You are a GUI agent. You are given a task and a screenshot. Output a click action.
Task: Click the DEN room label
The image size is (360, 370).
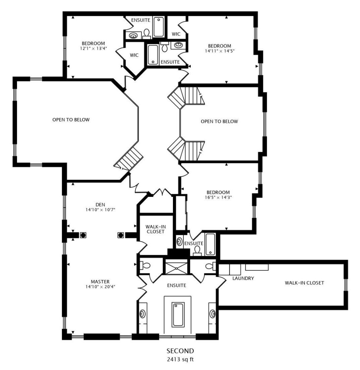coord(100,205)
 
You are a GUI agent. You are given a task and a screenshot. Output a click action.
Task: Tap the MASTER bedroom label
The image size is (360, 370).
coord(100,282)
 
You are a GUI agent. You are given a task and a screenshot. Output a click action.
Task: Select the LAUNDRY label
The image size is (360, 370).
coord(243,278)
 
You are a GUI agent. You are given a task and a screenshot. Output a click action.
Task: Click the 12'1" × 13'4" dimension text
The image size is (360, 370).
coord(94,48)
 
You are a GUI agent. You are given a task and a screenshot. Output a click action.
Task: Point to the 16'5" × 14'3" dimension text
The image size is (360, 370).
coord(218,197)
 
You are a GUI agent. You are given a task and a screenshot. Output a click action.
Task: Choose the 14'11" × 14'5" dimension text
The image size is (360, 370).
coord(220,51)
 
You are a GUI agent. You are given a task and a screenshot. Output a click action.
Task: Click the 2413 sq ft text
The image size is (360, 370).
coord(180,359)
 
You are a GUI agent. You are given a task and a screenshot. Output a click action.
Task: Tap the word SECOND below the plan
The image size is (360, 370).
coord(180,351)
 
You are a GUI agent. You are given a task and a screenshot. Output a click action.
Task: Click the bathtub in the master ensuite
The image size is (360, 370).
coord(178,315)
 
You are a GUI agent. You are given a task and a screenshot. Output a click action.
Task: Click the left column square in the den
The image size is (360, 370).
coord(83,235)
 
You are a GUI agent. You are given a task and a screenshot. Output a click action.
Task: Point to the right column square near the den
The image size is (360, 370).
coord(121,235)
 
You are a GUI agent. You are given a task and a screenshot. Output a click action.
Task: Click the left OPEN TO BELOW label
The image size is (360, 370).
coord(71,120)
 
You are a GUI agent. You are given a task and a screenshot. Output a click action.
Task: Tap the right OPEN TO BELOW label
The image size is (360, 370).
coord(220,121)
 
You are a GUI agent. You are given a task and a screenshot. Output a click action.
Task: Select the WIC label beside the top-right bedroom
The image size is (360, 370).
coord(176,34)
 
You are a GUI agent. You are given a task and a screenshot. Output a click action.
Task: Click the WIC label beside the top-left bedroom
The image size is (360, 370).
coord(134,55)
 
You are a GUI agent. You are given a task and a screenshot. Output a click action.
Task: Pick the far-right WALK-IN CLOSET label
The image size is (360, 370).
coord(304,283)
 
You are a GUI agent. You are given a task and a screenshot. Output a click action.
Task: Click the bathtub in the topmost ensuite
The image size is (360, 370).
coord(159,27)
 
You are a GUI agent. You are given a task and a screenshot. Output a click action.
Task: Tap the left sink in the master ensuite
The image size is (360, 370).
coord(143,314)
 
